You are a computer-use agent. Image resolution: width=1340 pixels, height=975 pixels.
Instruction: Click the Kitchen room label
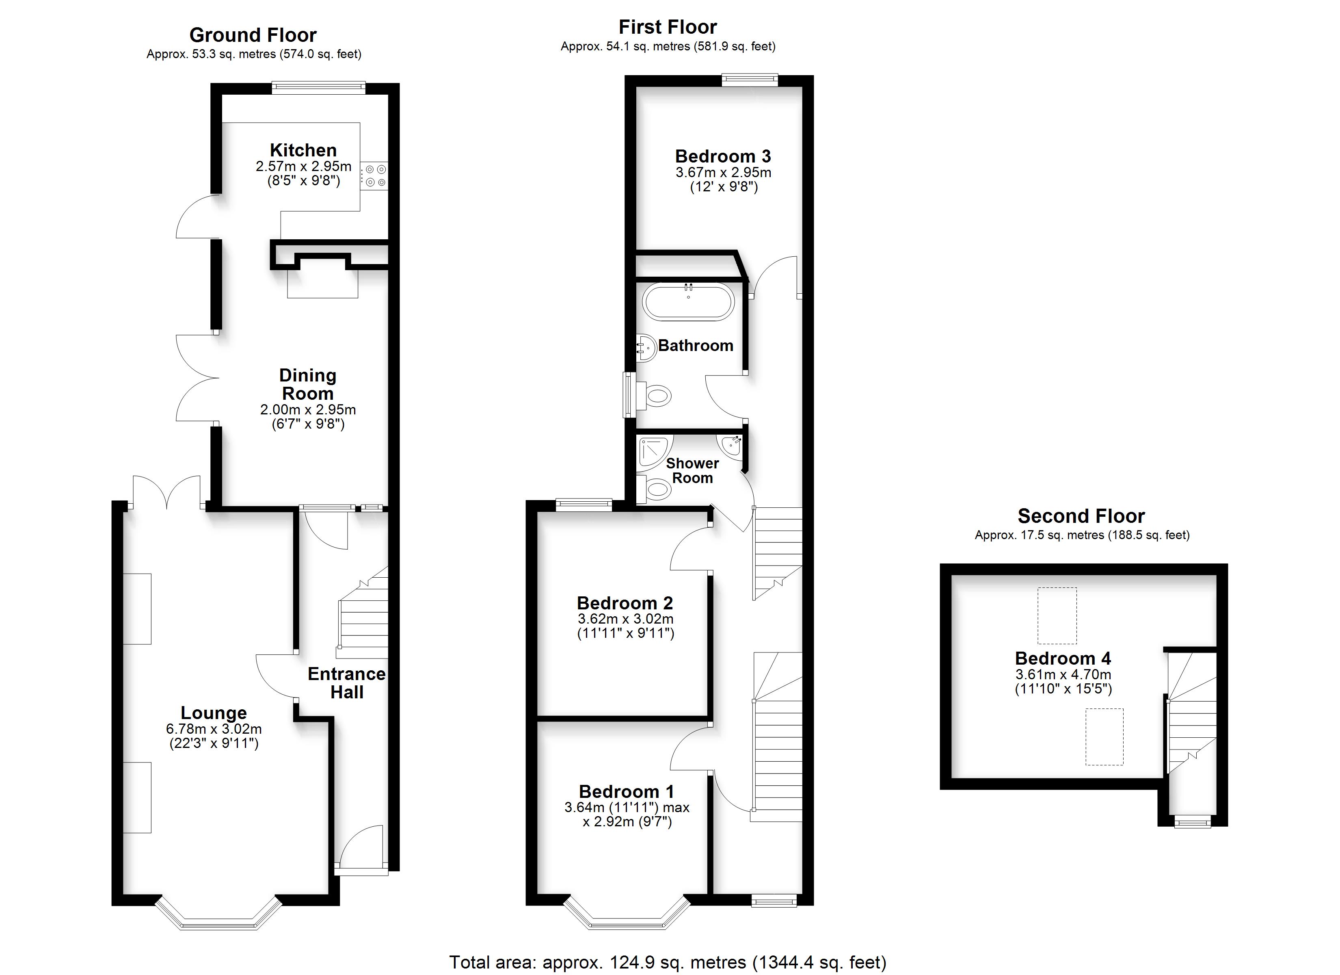coord(303,150)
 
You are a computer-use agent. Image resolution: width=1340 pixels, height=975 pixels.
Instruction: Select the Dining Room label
coord(308,384)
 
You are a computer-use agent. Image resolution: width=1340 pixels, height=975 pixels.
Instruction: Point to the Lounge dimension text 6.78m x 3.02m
coord(214,730)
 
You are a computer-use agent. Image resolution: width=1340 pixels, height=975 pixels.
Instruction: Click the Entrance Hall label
coord(347,683)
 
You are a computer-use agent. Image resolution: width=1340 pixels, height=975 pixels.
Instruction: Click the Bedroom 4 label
coord(1063,658)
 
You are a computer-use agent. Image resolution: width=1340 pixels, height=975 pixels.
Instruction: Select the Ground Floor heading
coord(253,35)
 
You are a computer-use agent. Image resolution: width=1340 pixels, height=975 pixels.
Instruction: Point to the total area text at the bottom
coord(668,962)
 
